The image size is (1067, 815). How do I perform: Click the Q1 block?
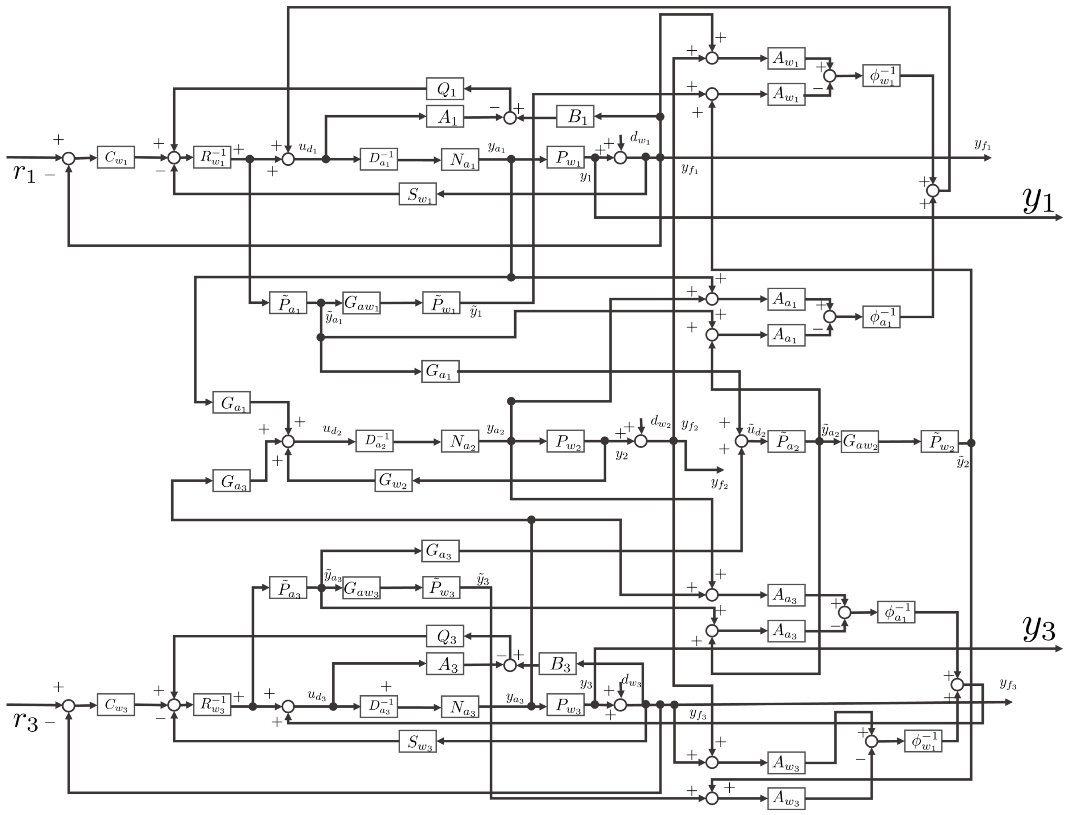[445, 89]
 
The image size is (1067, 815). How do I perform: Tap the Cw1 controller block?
[115, 157]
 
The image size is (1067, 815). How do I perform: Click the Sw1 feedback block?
[418, 194]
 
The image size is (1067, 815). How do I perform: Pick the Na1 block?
[460, 159]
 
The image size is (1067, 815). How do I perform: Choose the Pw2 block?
[565, 441]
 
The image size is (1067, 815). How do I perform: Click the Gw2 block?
[393, 480]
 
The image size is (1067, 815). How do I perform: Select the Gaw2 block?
[859, 441]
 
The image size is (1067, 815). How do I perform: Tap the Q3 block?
[445, 636]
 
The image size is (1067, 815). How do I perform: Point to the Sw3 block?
[418, 741]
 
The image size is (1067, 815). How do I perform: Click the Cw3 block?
[115, 705]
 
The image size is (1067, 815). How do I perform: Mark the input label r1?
[24, 172]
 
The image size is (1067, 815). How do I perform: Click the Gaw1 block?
[361, 303]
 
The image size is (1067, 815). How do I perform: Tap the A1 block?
[445, 117]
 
